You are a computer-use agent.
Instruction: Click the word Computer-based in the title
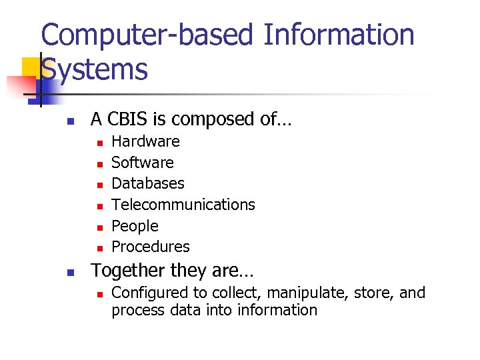147,35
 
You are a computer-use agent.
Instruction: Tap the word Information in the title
339,35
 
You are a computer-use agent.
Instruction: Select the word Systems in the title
94,69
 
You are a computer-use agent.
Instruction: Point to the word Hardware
145,141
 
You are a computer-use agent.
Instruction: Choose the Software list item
142,163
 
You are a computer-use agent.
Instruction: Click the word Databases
147,183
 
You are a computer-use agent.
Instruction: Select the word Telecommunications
183,205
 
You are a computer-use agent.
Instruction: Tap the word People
135,226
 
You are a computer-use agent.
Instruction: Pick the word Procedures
150,247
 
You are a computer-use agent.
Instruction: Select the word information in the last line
280,310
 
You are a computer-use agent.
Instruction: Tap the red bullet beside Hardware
98,142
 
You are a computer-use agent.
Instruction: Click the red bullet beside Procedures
98,248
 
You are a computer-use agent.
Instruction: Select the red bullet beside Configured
98,293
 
